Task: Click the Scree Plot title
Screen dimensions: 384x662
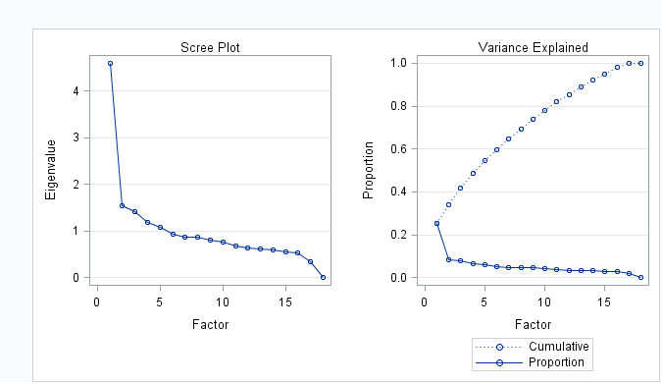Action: [x=210, y=47]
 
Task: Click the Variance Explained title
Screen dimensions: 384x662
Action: [x=533, y=47]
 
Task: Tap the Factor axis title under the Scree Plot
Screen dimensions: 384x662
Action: [x=210, y=323]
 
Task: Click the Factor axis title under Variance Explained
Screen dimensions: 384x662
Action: [x=533, y=323]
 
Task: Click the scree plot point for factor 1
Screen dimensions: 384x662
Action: [x=110, y=63]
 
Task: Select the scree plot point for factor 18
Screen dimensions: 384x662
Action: [x=323, y=277]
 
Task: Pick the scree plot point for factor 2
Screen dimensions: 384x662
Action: [x=122, y=205]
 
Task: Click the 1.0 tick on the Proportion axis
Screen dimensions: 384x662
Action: [x=397, y=63]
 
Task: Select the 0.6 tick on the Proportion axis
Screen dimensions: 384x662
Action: [x=397, y=148]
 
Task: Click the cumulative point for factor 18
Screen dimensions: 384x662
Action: [x=640, y=63]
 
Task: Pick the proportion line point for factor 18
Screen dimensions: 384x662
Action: [x=640, y=278]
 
